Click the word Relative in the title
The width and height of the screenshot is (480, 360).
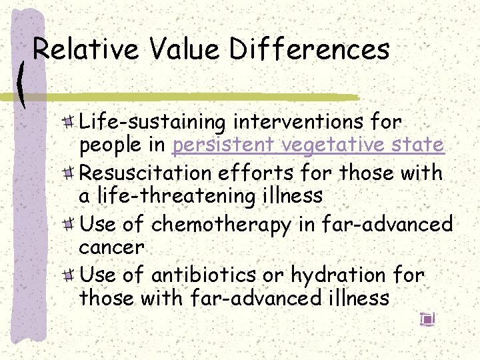click(x=85, y=50)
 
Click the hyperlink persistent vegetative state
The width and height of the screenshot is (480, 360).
click(x=308, y=145)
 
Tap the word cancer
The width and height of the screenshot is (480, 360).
click(x=111, y=248)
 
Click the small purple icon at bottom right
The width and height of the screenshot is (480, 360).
click(x=427, y=319)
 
